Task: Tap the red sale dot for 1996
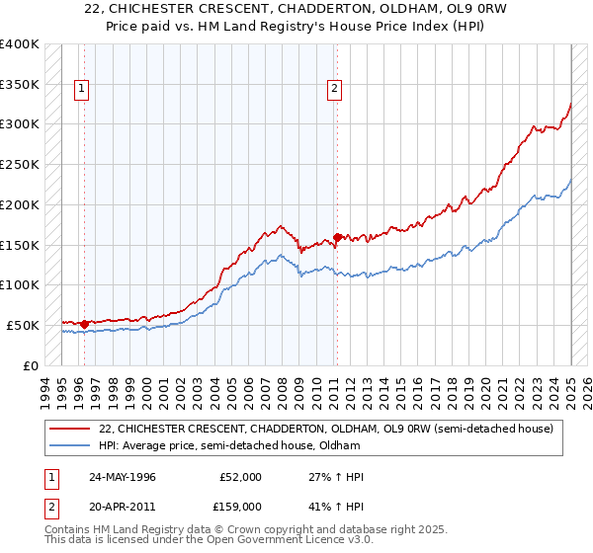[85, 323]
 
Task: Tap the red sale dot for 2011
[338, 237]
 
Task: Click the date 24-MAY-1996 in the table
[122, 477]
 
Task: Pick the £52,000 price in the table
[240, 477]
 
